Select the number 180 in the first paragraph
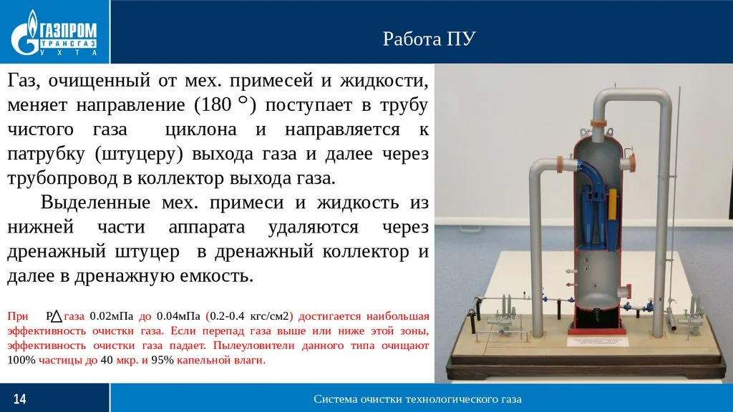[x=212, y=105]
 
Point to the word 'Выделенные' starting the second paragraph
[x=96, y=202]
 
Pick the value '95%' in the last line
[x=161, y=360]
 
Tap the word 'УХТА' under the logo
[x=70, y=53]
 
